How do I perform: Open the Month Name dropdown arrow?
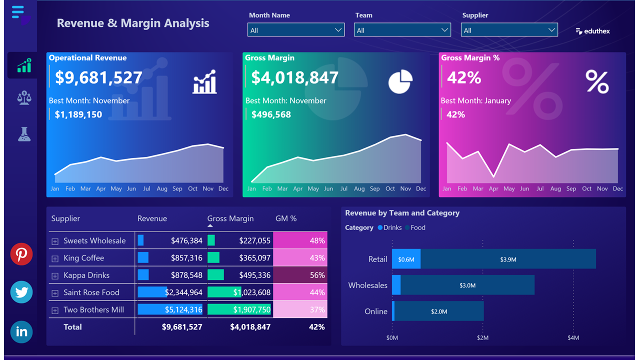pyautogui.click(x=338, y=30)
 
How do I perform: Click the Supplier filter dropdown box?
pyautogui.click(x=509, y=30)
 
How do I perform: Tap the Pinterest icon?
pyautogui.click(x=21, y=254)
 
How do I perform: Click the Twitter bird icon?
pyautogui.click(x=21, y=292)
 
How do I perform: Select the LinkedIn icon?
pyautogui.click(x=21, y=331)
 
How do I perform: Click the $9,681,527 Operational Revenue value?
pyautogui.click(x=98, y=77)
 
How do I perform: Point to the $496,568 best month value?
pyautogui.click(x=271, y=114)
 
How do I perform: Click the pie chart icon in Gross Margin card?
pyautogui.click(x=400, y=81)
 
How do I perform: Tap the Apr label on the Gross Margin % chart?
pyautogui.click(x=493, y=189)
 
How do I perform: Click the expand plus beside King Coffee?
pyautogui.click(x=55, y=258)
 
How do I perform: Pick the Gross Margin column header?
pyautogui.click(x=230, y=218)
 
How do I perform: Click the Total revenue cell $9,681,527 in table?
pyautogui.click(x=182, y=327)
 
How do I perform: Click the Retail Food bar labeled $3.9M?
pyautogui.click(x=508, y=259)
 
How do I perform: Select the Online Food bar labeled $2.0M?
pyautogui.click(x=438, y=311)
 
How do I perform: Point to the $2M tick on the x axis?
pyautogui.click(x=482, y=338)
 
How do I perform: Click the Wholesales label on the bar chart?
pyautogui.click(x=367, y=285)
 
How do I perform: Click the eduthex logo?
pyautogui.click(x=593, y=31)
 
